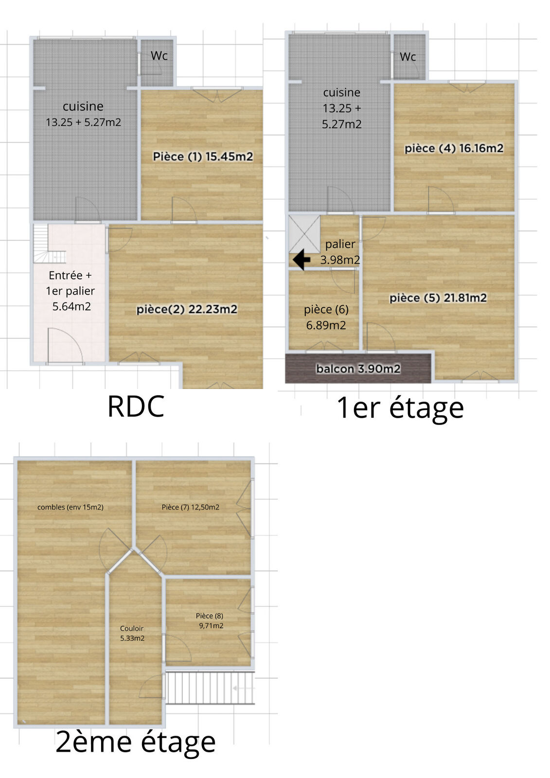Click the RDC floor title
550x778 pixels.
click(136, 407)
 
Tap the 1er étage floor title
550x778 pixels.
click(400, 408)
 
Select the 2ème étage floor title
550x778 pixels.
click(136, 742)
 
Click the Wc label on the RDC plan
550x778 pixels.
click(159, 55)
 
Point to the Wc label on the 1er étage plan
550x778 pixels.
click(408, 57)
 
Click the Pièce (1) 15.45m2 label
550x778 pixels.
click(203, 157)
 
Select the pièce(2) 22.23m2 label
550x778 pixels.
click(187, 309)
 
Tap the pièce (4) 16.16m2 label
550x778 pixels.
click(454, 149)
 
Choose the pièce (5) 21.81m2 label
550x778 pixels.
click(438, 298)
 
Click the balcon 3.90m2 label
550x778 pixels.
click(358, 369)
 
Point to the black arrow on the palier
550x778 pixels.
click(301, 260)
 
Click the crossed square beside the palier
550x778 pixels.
click(304, 234)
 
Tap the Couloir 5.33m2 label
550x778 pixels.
click(132, 633)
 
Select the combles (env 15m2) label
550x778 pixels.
click(71, 507)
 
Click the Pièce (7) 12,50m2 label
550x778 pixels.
click(191, 507)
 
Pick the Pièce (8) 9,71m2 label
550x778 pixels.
click(211, 620)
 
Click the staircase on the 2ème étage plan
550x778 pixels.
click(210, 688)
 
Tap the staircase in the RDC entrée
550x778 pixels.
click(49, 244)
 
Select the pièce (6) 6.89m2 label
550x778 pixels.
click(326, 318)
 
